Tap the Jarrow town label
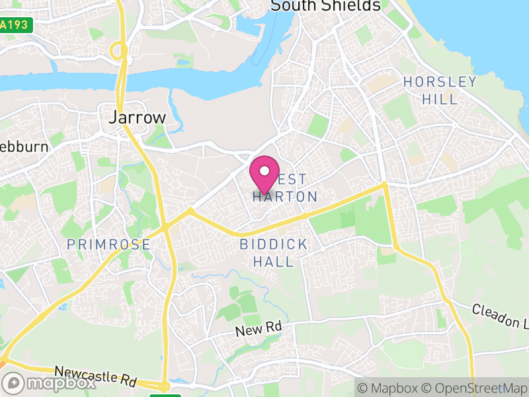click(136, 118)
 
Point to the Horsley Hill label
click(440, 91)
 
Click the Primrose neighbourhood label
click(108, 245)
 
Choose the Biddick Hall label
click(274, 253)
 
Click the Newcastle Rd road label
click(95, 376)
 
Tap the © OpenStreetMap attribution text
click(475, 388)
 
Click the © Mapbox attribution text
click(389, 388)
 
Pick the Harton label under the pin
click(285, 197)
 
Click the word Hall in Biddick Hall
click(274, 261)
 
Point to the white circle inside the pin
click(264, 171)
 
